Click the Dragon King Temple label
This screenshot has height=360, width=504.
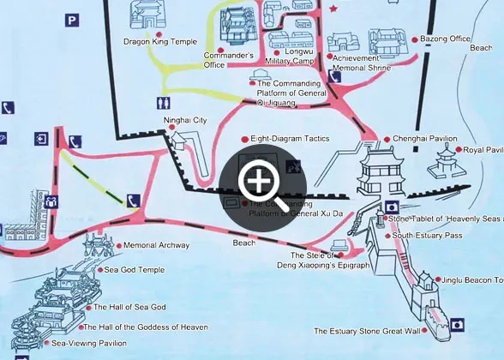159,41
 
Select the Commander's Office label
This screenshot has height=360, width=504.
225,60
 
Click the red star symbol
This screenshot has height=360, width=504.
333,9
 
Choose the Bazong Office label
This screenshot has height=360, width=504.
448,39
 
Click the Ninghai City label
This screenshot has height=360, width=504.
186,120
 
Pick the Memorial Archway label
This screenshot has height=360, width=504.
156,245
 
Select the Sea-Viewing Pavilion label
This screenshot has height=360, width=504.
89,343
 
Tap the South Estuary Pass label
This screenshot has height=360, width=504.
427,235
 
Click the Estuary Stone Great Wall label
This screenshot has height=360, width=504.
367,331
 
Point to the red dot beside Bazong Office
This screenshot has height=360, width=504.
415,39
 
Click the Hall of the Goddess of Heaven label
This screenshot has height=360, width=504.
146,327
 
